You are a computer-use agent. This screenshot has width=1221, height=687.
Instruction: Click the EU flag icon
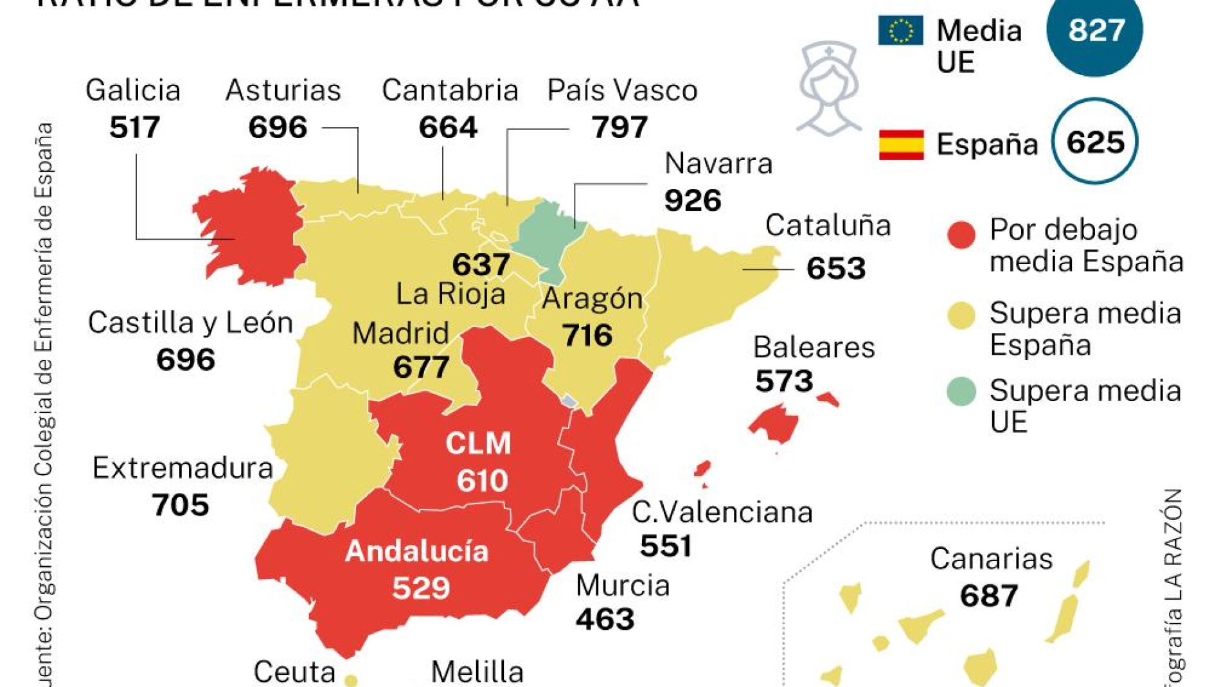(900, 30)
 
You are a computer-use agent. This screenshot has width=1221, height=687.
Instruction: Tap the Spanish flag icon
(901, 144)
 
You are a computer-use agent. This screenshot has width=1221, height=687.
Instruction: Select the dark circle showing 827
(1094, 31)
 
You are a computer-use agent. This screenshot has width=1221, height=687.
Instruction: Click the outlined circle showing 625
(1094, 141)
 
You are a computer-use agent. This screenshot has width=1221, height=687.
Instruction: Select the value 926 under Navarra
(692, 201)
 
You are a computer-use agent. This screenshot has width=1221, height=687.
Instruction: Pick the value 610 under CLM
(482, 480)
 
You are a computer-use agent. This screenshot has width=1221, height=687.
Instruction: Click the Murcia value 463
(604, 619)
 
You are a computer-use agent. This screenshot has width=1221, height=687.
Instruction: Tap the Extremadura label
(183, 468)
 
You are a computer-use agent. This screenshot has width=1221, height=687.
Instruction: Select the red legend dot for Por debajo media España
(961, 235)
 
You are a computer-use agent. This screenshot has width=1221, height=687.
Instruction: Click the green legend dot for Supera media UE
(961, 391)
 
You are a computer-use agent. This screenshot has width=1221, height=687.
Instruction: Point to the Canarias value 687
(988, 596)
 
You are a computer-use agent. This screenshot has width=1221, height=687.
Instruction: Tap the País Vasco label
(621, 91)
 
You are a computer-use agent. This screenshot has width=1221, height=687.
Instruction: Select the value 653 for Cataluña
(835, 268)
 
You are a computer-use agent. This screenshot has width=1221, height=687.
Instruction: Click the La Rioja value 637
(481, 264)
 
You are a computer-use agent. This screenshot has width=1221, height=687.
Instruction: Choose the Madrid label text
(400, 333)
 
